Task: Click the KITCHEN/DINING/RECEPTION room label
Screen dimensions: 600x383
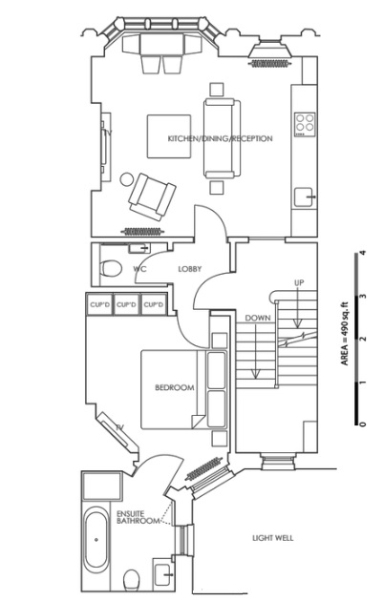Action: click(x=221, y=139)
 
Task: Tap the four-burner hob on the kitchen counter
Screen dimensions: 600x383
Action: click(x=305, y=123)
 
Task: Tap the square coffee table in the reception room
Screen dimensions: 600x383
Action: click(x=164, y=135)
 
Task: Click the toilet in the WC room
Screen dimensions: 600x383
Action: click(x=110, y=268)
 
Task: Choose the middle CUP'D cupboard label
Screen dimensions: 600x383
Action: click(x=127, y=304)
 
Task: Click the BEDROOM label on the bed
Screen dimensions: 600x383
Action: click(x=175, y=387)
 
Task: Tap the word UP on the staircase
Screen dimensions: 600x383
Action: click(x=299, y=283)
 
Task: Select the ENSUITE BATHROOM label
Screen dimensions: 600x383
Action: click(x=136, y=516)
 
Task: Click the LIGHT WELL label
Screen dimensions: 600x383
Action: click(x=271, y=538)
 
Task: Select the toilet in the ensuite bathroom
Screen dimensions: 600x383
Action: click(x=134, y=578)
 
